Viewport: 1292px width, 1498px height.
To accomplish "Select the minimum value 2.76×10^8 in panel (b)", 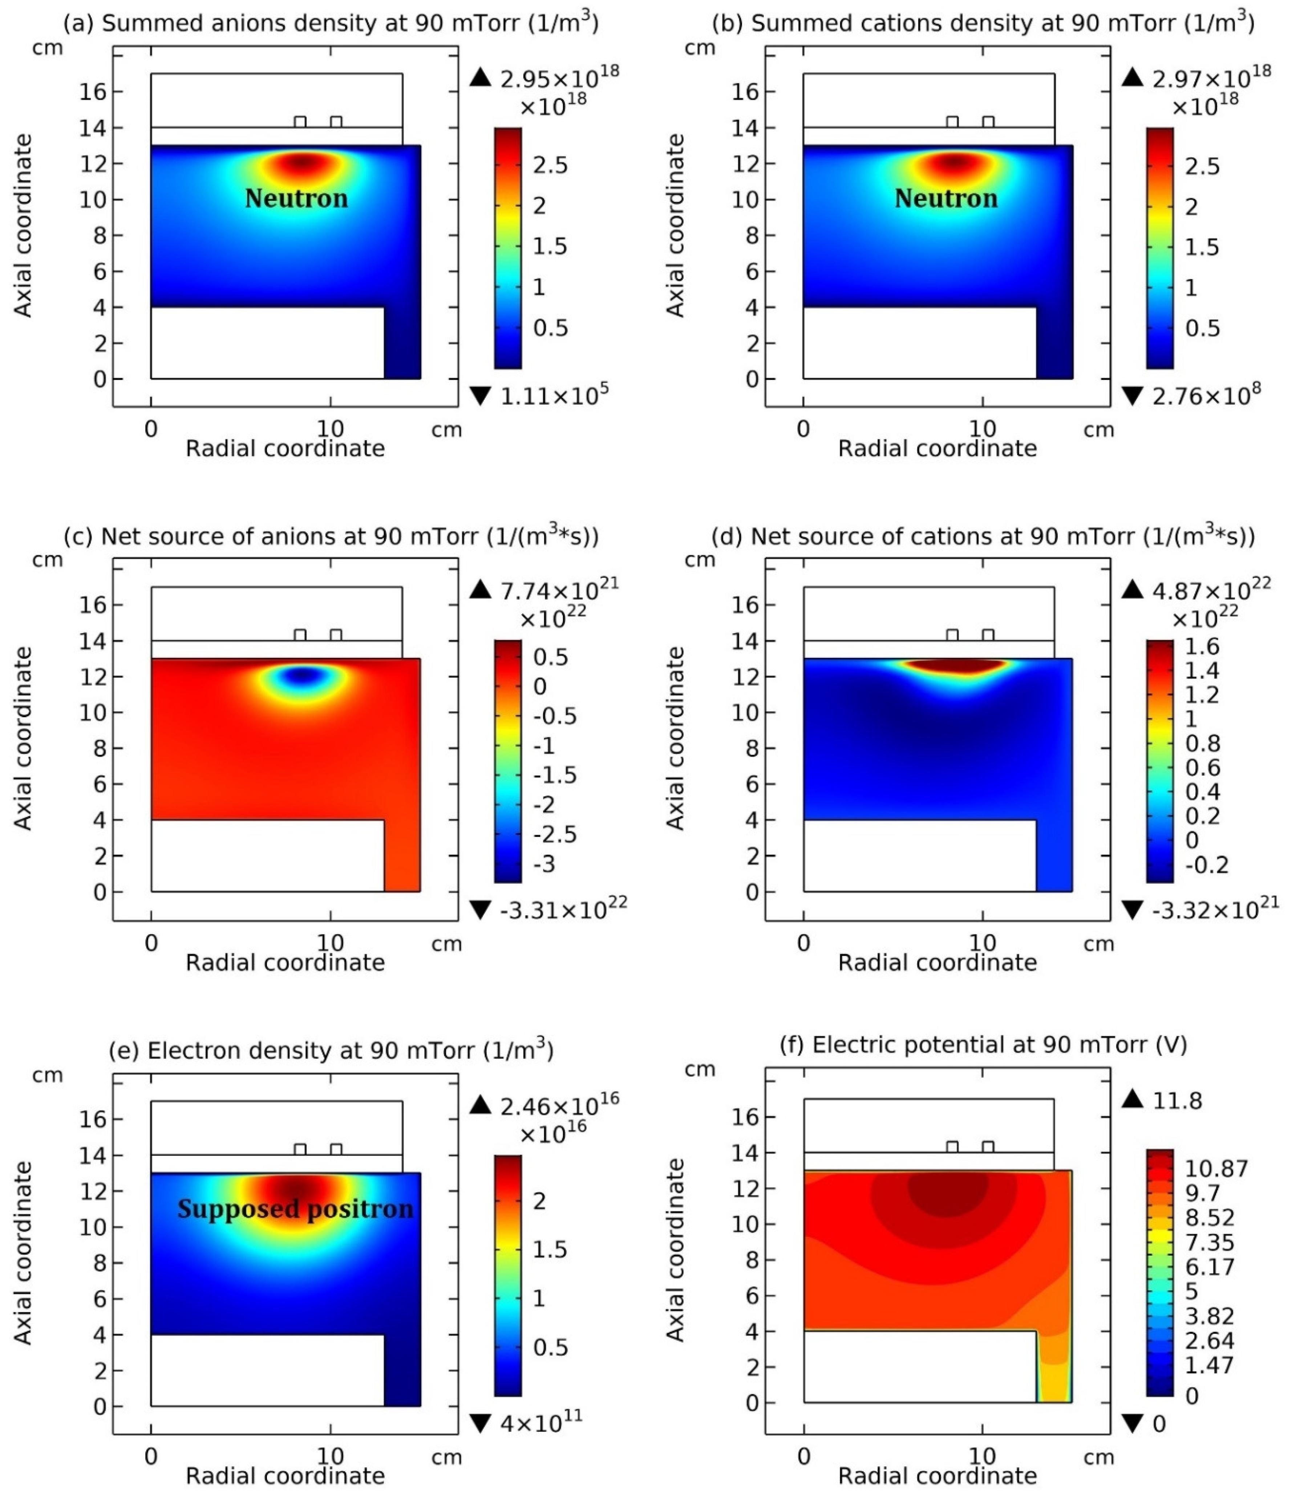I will (1206, 396).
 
